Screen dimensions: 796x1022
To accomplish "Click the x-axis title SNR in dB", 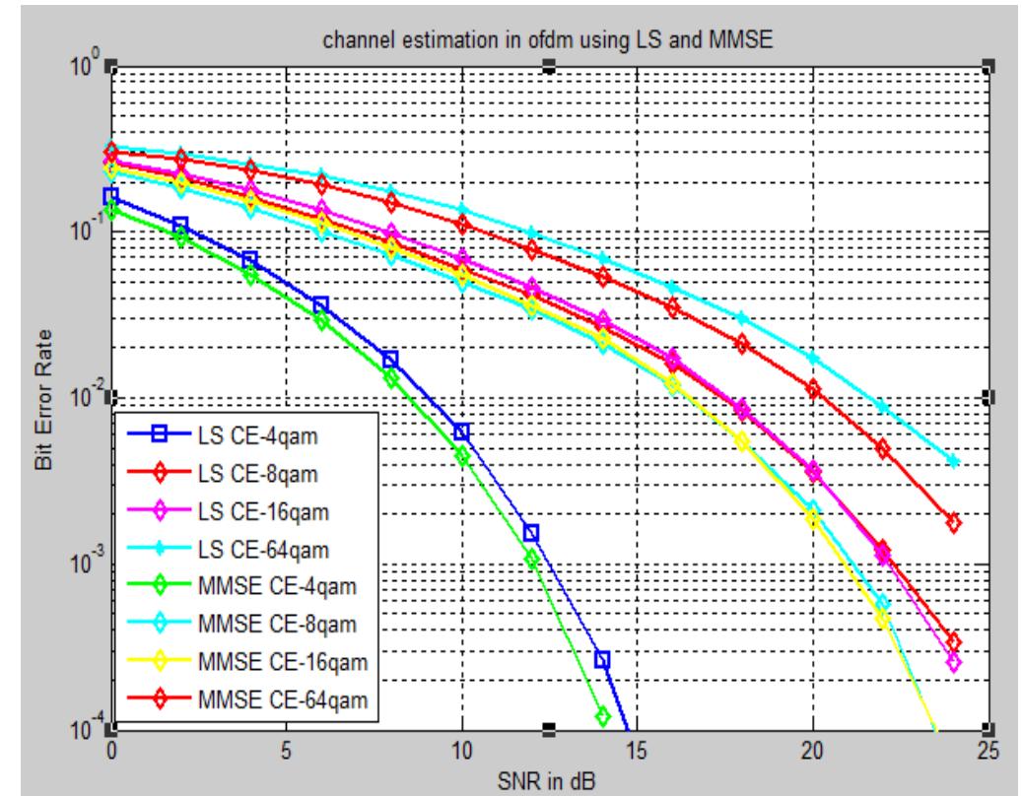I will [550, 777].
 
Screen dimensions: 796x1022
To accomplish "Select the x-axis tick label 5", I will [286, 751].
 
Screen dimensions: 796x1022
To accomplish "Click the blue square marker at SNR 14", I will [602, 659].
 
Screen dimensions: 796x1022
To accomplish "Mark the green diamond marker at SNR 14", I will [603, 716].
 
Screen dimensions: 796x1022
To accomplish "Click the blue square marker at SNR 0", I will [111, 197].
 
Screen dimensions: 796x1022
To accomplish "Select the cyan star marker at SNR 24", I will [953, 460].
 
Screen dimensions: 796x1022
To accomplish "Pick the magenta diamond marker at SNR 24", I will [953, 663].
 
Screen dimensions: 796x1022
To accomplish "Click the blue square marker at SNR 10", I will [461, 431].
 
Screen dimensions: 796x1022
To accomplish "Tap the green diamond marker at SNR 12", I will [532, 560].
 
